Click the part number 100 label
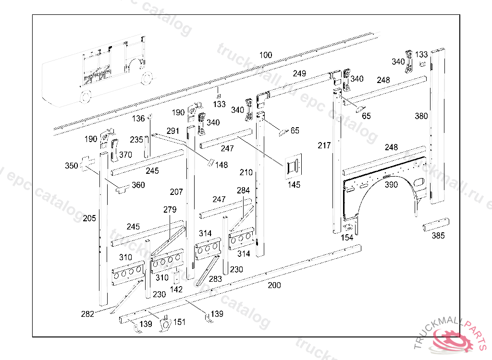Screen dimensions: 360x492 click(265, 55)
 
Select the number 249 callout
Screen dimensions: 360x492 click(299, 73)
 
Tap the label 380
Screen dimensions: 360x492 click(421, 116)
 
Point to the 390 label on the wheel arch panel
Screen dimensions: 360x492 click(392, 185)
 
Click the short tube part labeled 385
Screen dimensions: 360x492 click(437, 225)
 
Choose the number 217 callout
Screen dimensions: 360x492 click(324, 145)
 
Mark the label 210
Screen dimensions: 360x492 click(246, 172)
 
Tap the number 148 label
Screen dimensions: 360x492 click(221, 165)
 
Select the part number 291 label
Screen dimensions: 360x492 click(173, 131)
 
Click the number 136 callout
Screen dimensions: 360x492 click(138, 119)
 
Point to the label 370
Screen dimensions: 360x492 click(125, 155)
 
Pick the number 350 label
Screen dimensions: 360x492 click(71, 166)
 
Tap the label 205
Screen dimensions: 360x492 click(89, 218)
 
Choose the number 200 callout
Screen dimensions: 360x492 click(274, 285)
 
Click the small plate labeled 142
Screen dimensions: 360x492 click(177, 278)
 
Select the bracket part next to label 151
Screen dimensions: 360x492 click(166, 324)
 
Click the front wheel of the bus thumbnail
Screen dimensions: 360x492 click(85, 96)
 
